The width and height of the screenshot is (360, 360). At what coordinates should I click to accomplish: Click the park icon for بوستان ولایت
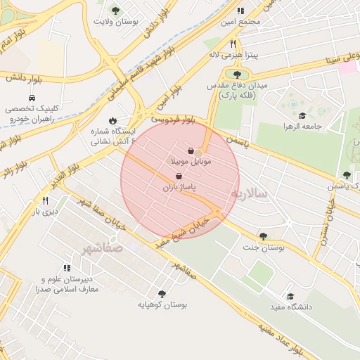point(115,10)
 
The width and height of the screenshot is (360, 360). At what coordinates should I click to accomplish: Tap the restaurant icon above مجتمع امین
point(240,11)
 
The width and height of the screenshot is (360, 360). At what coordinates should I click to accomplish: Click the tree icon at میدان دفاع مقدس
point(237,74)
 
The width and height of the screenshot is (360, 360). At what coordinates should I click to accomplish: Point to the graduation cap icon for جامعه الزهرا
point(302,116)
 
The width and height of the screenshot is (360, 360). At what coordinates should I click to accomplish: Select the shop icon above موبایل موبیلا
point(192,150)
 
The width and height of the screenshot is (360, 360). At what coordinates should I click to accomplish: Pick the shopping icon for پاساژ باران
point(178,176)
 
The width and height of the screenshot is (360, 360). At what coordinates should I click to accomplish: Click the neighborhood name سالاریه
point(250,192)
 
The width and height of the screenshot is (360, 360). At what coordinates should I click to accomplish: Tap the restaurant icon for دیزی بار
point(46,200)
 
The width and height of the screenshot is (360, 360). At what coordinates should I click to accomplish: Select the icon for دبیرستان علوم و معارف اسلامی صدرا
point(67,268)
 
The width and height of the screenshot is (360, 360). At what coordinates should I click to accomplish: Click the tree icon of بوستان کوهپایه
point(162,294)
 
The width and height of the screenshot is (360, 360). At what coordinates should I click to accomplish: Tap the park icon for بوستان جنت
point(263,237)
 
